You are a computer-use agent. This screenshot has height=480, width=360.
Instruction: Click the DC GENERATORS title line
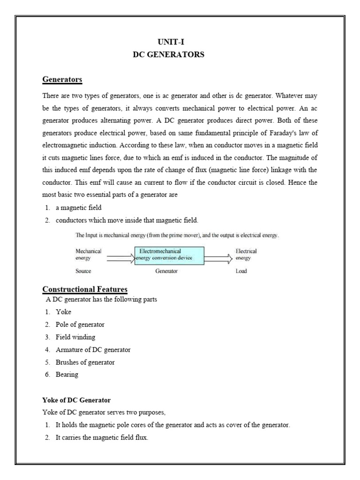coord(168,55)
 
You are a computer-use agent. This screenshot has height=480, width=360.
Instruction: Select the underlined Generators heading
coord(62,80)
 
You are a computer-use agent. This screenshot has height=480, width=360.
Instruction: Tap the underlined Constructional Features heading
coord(85,289)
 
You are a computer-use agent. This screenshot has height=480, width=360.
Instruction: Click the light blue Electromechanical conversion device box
coord(169,255)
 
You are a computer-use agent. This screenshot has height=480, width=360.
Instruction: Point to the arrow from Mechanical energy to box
coord(120,257)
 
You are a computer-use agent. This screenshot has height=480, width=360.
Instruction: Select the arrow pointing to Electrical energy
coord(218,257)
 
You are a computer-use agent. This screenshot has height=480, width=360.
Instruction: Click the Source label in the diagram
coord(83,271)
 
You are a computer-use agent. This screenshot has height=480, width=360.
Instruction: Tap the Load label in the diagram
coord(241,271)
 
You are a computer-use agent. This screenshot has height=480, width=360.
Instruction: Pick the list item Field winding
coord(75,337)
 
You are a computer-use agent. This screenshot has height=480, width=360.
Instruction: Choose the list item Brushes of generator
coord(85,362)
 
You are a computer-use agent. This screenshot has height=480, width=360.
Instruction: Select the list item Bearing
coord(67,375)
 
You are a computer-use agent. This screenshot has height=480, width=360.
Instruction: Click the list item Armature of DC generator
coord(93,350)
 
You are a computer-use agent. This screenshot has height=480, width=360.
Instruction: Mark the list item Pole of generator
coord(80,324)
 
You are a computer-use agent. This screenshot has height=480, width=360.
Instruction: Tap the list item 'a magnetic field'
coord(78,207)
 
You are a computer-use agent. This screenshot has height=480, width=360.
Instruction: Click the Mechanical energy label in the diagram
coord(88,255)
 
